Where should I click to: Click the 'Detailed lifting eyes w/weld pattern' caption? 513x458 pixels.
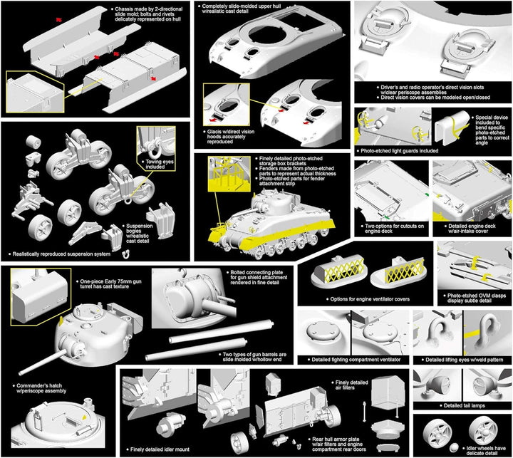point(463,359)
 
